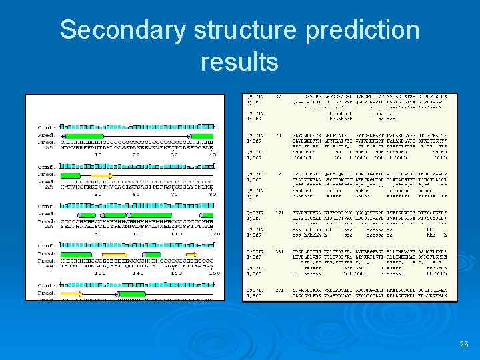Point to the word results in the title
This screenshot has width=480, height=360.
(x=239, y=61)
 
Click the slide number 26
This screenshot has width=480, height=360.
(x=464, y=345)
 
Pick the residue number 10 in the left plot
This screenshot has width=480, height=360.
(x=97, y=154)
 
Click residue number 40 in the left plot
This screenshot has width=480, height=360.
(x=212, y=154)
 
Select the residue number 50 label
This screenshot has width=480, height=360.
(x=97, y=195)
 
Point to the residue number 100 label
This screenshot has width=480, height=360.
(x=135, y=233)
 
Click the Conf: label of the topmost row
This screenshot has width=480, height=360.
(x=46, y=127)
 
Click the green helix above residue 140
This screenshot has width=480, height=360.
(x=153, y=254)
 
